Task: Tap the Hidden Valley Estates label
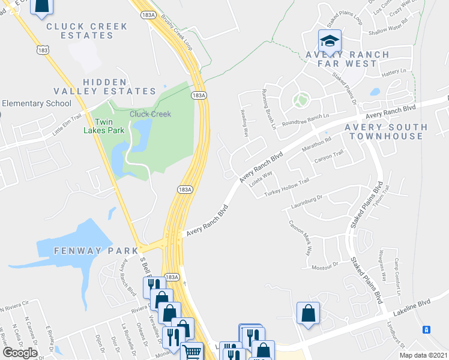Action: pos(104,86)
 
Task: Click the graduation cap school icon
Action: pos(330,41)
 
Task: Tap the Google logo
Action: pos(20,353)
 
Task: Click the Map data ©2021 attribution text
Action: pos(423,355)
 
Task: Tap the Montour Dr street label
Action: pos(327,263)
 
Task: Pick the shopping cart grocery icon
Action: pos(191,352)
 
